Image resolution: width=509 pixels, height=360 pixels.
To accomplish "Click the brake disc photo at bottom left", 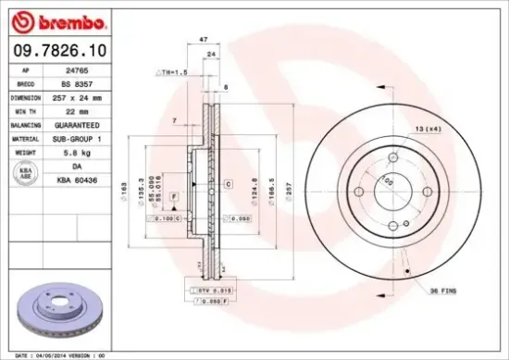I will click(56, 310).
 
